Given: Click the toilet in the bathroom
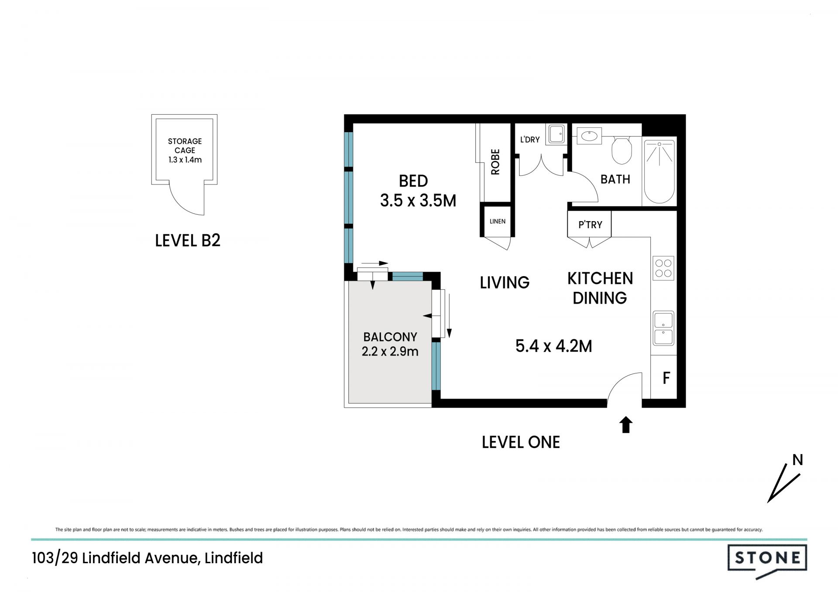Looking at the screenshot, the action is tap(622, 150).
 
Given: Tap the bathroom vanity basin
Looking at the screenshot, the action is tap(589, 136).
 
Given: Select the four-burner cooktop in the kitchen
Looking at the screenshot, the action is tap(663, 268).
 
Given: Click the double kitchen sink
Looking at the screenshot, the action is tap(663, 328).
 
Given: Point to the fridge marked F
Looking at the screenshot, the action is tap(666, 378).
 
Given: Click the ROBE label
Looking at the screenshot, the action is tap(495, 162).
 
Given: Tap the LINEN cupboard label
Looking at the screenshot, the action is tap(498, 221).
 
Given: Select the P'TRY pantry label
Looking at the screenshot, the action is tap(590, 225).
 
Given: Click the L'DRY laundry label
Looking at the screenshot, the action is tap(530, 140).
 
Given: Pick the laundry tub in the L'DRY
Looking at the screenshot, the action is tap(556, 134).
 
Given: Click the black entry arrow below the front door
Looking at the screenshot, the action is tap(626, 424).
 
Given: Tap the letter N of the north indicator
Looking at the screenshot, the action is tap(797, 460).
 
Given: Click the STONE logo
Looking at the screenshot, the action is tap(767, 562).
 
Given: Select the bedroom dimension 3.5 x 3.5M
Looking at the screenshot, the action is tap(418, 201).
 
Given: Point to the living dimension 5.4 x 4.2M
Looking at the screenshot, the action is tap(554, 346).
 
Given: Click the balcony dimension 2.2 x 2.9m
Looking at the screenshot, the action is tap(390, 351).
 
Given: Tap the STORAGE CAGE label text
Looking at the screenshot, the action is tap(185, 146).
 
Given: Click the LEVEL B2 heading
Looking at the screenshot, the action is tap(188, 240).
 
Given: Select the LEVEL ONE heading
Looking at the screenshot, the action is tap(521, 442).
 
